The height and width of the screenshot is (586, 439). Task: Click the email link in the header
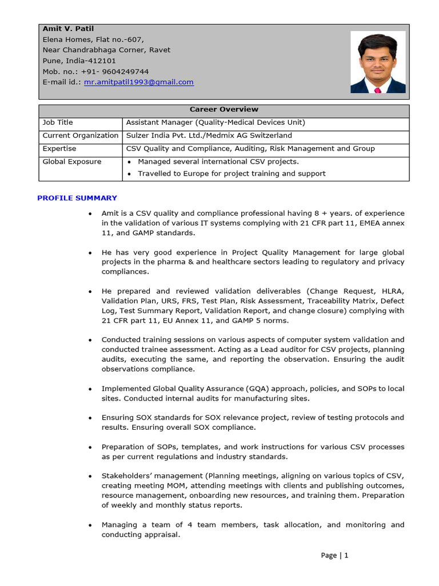click(x=138, y=82)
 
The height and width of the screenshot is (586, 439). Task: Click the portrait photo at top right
click(x=378, y=62)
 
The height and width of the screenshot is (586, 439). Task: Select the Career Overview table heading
click(x=224, y=109)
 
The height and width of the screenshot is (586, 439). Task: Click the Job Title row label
click(x=58, y=122)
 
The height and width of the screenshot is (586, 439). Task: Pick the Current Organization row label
click(x=80, y=136)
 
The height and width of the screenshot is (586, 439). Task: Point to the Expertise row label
click(x=59, y=149)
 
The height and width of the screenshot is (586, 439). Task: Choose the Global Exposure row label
click(x=71, y=162)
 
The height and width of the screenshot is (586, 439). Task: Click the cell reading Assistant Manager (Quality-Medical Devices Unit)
click(x=215, y=122)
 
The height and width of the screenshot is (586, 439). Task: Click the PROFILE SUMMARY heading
click(x=77, y=198)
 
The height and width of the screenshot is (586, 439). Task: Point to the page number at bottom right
click(x=334, y=555)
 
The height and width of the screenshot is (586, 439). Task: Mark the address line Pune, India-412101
click(x=79, y=61)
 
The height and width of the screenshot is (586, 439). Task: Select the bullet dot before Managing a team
click(x=90, y=525)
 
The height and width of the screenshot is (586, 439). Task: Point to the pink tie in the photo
click(x=377, y=90)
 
